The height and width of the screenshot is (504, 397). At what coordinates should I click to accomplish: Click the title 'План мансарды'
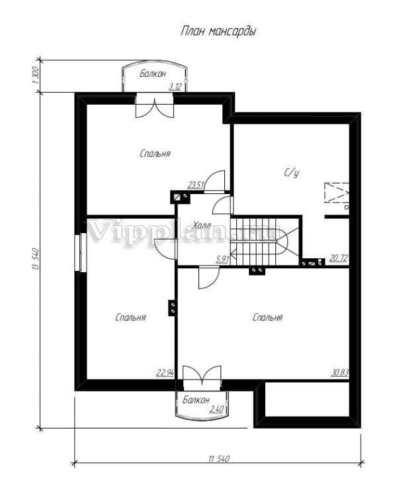218,32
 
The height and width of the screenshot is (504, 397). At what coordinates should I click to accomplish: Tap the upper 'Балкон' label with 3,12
153,74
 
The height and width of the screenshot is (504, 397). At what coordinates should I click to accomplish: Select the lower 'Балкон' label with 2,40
196,400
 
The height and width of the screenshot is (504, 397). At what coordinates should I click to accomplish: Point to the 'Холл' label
202,225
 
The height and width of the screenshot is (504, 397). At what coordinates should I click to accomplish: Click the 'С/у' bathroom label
291,173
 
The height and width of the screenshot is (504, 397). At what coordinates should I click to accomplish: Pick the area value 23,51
196,185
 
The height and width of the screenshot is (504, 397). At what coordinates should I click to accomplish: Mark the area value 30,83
340,373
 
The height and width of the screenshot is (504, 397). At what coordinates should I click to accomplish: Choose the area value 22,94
165,373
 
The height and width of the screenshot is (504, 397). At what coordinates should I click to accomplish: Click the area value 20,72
339,258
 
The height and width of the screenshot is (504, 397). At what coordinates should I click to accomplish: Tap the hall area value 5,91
222,259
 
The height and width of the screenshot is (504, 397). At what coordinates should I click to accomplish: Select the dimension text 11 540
220,458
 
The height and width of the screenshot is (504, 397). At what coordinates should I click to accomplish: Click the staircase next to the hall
265,241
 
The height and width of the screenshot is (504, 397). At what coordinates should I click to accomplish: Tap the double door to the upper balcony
154,105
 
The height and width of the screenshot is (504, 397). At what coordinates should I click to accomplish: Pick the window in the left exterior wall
81,252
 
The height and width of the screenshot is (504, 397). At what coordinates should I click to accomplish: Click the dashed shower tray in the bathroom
337,193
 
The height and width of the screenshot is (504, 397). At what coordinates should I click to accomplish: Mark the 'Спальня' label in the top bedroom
155,154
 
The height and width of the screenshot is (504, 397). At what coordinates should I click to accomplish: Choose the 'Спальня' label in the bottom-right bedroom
267,318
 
